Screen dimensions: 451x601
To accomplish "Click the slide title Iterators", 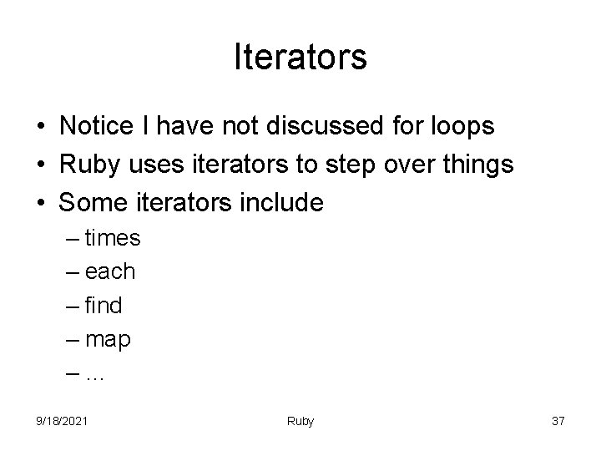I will pyautogui.click(x=300, y=58).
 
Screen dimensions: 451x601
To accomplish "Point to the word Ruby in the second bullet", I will pyautogui.click(x=86, y=165).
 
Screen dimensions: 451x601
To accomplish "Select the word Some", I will pyautogui.click(x=92, y=203).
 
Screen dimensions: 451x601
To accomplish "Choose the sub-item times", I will pyautogui.click(x=113, y=239).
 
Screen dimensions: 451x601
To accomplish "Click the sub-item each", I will pyautogui.click(x=110, y=272).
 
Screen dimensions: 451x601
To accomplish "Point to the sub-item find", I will pyautogui.click(x=104, y=307).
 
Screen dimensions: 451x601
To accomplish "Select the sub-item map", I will pyautogui.click(x=108, y=341).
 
